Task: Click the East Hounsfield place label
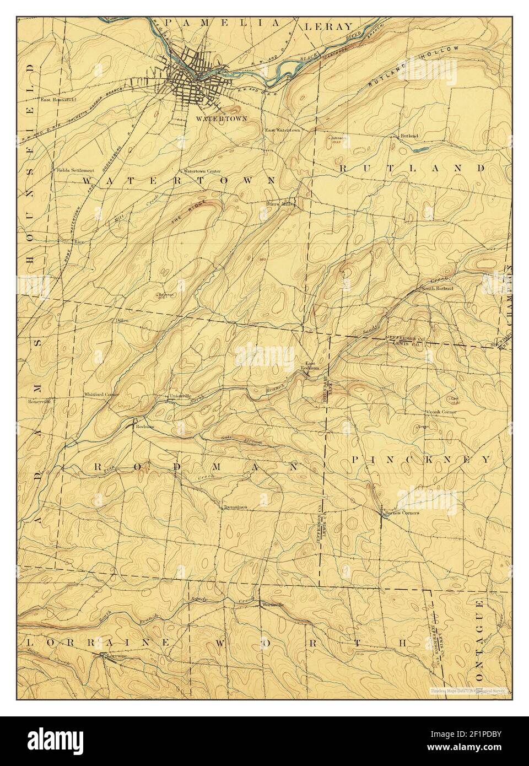click(x=58, y=100)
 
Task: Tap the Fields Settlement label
click(x=75, y=170)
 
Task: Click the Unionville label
click(x=180, y=396)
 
